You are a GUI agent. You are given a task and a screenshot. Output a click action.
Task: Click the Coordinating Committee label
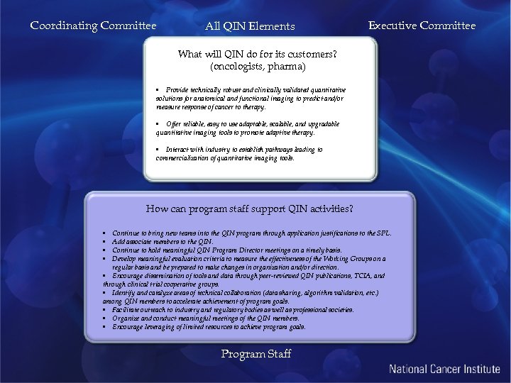coord(93,26)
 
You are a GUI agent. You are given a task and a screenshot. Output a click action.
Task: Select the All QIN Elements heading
coord(250,27)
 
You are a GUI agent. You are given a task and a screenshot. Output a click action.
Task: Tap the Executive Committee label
coord(422,26)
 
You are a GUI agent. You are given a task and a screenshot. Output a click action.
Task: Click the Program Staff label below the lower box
coord(255,354)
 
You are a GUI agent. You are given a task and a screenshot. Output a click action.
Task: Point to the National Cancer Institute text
coord(444,369)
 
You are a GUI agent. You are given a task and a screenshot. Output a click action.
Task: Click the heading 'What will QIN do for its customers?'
coord(257,55)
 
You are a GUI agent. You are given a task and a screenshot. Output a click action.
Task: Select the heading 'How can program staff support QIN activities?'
coord(249,209)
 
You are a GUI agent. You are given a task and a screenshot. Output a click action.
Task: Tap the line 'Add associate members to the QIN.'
coord(163,241)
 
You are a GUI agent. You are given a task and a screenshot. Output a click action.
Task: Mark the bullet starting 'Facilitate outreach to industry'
coord(232,310)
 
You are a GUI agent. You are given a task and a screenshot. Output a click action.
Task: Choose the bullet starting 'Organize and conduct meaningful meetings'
coord(205,318)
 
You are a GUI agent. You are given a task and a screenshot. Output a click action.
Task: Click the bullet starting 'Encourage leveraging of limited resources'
coord(209,327)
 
